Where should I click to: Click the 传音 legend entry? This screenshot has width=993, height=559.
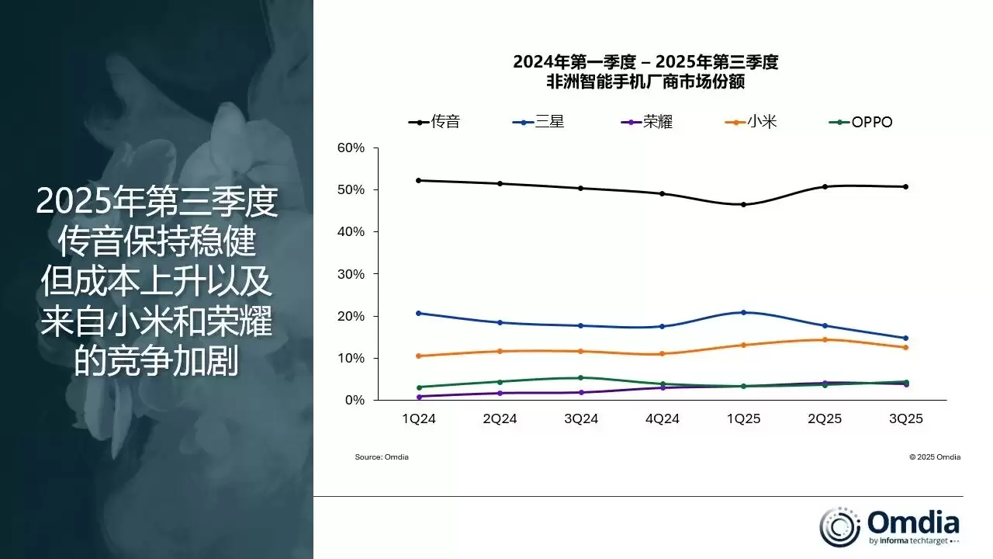tap(434, 122)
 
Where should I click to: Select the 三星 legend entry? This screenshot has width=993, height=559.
tap(539, 122)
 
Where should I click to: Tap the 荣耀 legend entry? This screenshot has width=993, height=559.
tap(647, 122)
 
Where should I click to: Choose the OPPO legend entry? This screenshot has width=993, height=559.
tap(862, 122)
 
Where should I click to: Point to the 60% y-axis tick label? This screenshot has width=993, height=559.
tap(351, 148)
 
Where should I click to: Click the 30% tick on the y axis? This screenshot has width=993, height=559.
tap(351, 274)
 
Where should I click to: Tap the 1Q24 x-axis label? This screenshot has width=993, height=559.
tap(418, 418)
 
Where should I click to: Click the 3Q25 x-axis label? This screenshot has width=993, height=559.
tap(905, 418)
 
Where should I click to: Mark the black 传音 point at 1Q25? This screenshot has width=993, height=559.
tap(743, 205)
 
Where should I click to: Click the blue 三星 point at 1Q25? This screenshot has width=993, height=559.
tap(743, 312)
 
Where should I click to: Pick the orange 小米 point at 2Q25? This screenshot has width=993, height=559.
tap(824, 339)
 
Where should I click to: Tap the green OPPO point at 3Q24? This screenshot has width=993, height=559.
tap(581, 378)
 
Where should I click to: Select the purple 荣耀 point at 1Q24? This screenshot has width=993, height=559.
tap(419, 397)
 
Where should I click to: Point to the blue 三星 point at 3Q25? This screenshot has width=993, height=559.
tap(905, 338)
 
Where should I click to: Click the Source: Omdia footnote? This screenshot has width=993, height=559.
tap(382, 457)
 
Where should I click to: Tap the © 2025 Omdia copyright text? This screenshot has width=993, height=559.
tap(935, 457)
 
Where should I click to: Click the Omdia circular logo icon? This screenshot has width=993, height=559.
tap(839, 526)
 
